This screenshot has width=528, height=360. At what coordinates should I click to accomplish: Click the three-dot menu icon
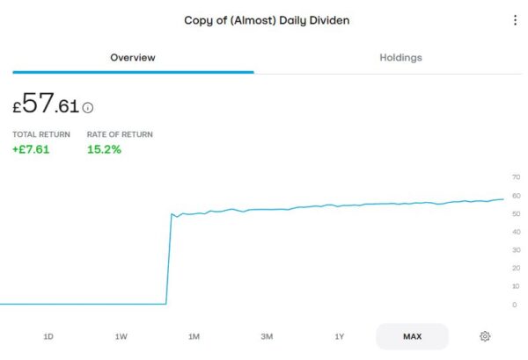tap(515, 20)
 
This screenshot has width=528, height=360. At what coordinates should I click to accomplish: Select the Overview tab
tap(133, 58)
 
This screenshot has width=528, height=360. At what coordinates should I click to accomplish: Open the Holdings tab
tap(400, 58)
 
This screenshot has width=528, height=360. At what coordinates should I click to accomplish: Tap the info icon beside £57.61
tap(88, 108)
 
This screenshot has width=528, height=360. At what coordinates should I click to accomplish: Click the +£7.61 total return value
tap(31, 149)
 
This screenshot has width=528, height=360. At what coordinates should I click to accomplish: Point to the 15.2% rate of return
tap(104, 149)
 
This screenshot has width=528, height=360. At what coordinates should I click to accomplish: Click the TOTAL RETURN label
tap(41, 134)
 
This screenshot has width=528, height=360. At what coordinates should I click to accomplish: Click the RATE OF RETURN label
tap(120, 134)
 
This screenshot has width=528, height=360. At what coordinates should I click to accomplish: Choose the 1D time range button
tap(48, 336)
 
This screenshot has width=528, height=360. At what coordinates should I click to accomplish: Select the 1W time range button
tap(121, 336)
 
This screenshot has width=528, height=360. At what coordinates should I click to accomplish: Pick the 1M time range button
tap(194, 336)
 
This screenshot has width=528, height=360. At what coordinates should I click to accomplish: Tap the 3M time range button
tap(267, 336)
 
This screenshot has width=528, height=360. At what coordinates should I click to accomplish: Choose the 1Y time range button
tap(339, 336)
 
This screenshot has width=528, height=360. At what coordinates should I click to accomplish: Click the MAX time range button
tap(412, 336)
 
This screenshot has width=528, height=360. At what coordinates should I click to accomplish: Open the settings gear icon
tap(485, 336)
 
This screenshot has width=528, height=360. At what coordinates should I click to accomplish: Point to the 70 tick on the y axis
tap(516, 177)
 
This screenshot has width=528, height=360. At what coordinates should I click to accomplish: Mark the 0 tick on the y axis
tap(514, 305)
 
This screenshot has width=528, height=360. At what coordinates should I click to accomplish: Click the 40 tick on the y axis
tap(516, 232)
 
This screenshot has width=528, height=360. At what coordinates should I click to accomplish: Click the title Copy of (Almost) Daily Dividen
tap(267, 20)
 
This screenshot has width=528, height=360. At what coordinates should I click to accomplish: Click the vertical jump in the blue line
tap(168, 259)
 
